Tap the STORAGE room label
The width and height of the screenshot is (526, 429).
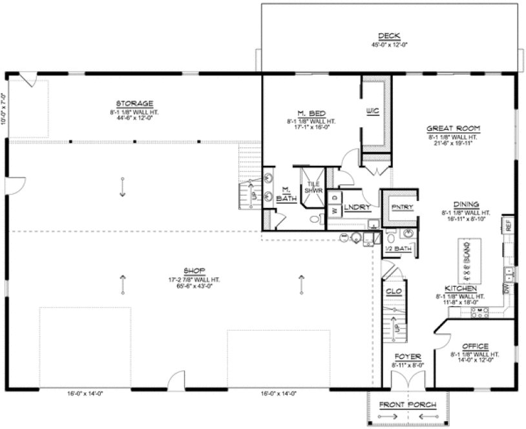[x=134, y=103]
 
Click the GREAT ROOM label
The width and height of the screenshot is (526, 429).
[x=450, y=128]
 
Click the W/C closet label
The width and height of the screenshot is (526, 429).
[x=371, y=111]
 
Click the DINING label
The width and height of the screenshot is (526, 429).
[x=466, y=204]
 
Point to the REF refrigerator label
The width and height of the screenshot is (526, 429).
[x=509, y=225]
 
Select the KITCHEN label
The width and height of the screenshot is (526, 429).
[x=461, y=288]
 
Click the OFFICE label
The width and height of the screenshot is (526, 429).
[x=475, y=346]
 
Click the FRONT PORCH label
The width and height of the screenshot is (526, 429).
[x=407, y=405]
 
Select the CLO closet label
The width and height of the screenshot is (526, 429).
[x=394, y=291]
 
